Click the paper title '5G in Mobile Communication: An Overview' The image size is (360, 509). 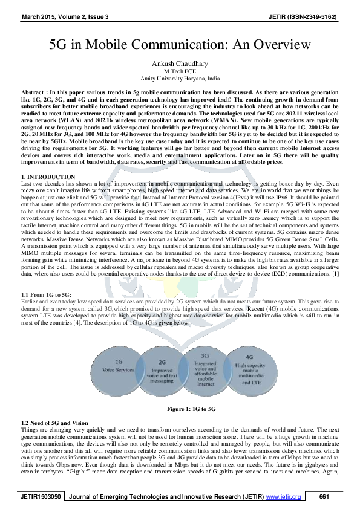pos(180,45)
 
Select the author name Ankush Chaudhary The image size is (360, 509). pos(180,62)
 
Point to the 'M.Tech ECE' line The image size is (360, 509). pos(180,70)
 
